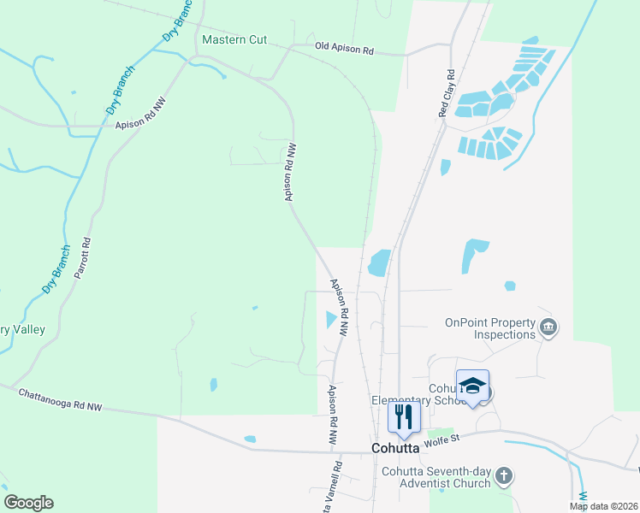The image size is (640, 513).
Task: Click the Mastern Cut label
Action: (234, 40)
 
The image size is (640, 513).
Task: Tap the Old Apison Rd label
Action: (345, 50)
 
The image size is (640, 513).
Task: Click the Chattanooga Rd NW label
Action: (59, 399)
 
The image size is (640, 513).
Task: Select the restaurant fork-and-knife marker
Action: (405, 417)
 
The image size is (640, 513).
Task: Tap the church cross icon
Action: (505, 475)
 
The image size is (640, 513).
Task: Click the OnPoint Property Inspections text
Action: (489, 328)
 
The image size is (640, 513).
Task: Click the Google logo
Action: (28, 502)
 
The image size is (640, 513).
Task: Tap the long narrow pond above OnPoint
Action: (472, 256)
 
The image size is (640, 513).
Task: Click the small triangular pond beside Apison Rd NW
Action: (331, 320)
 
